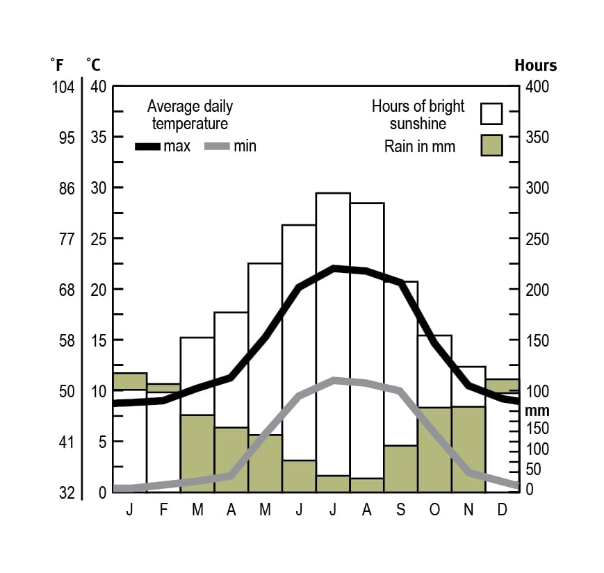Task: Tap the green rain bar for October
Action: click(x=434, y=449)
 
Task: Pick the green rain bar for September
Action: click(x=400, y=468)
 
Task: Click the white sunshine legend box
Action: click(x=491, y=113)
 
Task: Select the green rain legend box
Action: click(x=491, y=145)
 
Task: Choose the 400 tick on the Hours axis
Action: click(x=537, y=87)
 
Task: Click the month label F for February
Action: click(x=164, y=510)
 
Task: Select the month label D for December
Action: click(x=503, y=510)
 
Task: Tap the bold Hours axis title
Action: click(x=535, y=65)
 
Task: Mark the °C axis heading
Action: click(x=93, y=65)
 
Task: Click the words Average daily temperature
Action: click(x=190, y=115)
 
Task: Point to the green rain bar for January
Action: click(x=130, y=381)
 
